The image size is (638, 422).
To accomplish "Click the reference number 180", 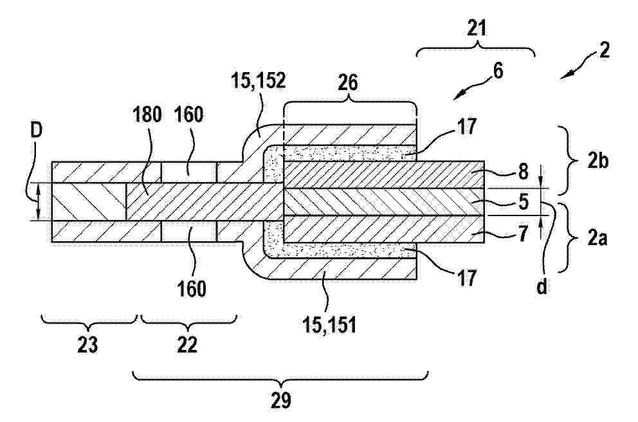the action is click(x=147, y=115).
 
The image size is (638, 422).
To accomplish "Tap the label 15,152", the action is click(x=259, y=80).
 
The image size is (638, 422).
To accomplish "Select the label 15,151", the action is click(x=329, y=325).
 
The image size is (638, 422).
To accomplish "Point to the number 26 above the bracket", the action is click(x=348, y=83).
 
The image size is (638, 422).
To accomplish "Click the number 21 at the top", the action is click(x=477, y=29).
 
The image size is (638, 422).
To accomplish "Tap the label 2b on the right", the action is click(x=597, y=161).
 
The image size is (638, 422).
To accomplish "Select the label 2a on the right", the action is click(x=597, y=238).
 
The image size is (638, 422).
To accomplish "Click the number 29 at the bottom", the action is click(x=281, y=400).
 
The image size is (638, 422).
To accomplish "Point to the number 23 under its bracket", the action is click(x=87, y=345).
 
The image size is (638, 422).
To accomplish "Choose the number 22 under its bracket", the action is click(x=187, y=345).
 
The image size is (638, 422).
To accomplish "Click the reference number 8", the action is click(x=522, y=172).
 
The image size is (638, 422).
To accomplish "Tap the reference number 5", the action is click(x=523, y=202).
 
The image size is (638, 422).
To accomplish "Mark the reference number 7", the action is click(x=523, y=234).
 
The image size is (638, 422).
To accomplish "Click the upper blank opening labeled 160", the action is click(x=189, y=172).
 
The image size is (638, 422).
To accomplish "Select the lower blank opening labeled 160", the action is click(x=189, y=232).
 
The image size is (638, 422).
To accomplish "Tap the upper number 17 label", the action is click(x=466, y=127).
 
